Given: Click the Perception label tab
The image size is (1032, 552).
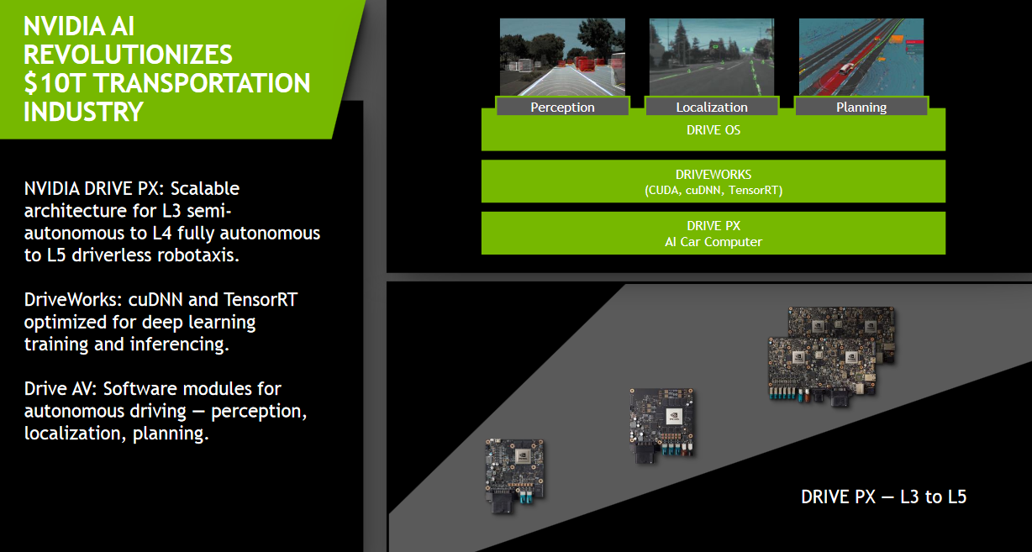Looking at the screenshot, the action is pyautogui.click(x=562, y=107).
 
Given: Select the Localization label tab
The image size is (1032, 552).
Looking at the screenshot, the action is pyautogui.click(x=712, y=107).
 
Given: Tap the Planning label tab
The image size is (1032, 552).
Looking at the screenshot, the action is pyautogui.click(x=861, y=107).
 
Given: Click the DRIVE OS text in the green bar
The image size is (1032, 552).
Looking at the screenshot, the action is pyautogui.click(x=713, y=130).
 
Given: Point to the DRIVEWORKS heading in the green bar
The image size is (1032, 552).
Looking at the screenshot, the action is pyautogui.click(x=713, y=175).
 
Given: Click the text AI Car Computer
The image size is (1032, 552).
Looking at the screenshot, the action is pyautogui.click(x=713, y=242).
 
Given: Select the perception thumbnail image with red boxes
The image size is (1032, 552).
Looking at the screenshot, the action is pyautogui.click(x=562, y=56).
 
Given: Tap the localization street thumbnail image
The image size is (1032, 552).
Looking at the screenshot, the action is pyautogui.click(x=712, y=56).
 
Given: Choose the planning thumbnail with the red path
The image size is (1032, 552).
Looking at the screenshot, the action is pyautogui.click(x=861, y=56).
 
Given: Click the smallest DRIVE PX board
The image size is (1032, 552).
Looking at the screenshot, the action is pyautogui.click(x=514, y=476).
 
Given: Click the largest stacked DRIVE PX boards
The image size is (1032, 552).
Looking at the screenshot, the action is pyautogui.click(x=831, y=356).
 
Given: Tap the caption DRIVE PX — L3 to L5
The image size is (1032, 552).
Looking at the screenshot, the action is pyautogui.click(x=883, y=497).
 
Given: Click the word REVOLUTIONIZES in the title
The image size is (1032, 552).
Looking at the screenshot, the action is pyautogui.click(x=128, y=55).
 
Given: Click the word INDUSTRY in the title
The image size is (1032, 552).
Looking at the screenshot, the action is pyautogui.click(x=83, y=112).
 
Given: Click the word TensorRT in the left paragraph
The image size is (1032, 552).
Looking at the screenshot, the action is pyautogui.click(x=261, y=299).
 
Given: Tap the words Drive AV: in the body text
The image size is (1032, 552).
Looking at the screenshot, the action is pyautogui.click(x=61, y=388).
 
